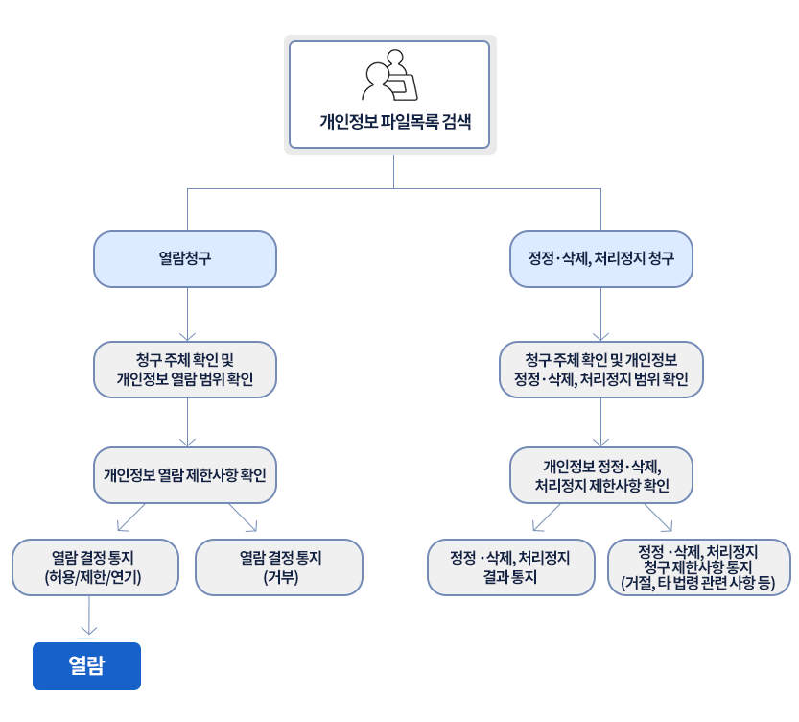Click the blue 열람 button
(86, 666)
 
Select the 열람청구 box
(185, 259)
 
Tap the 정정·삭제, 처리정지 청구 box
(601, 259)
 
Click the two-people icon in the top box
(389, 75)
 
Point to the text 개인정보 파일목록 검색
(395, 122)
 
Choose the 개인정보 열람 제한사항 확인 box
(185, 475)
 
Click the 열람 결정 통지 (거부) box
(279, 567)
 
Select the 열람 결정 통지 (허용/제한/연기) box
(95, 567)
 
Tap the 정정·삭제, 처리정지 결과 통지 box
(511, 567)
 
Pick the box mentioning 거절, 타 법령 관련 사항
(699, 567)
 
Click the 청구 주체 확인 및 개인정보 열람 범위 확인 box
(185, 370)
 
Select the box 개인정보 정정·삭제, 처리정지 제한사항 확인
(601, 475)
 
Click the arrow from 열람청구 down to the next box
(188, 314)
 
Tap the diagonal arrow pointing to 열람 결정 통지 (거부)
(243, 517)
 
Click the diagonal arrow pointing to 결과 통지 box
(547, 517)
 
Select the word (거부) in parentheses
(281, 577)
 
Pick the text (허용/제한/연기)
(93, 577)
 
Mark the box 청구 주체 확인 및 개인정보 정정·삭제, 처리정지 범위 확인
(601, 370)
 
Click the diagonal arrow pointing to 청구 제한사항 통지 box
(658, 517)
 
